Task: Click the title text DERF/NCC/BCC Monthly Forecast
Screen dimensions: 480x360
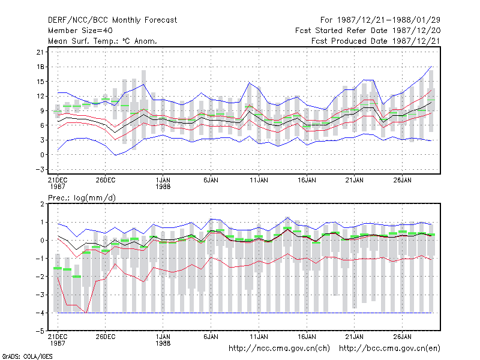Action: pyautogui.click(x=112, y=20)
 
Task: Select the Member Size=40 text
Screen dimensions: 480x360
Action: pyautogui.click(x=80, y=31)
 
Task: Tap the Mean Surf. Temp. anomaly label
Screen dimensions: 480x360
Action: pyautogui.click(x=103, y=41)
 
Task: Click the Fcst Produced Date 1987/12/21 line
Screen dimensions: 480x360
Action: pyautogui.click(x=376, y=41)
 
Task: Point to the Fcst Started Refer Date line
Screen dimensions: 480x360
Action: pyautogui.click(x=368, y=31)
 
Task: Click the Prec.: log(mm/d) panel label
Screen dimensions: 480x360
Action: pyautogui.click(x=82, y=198)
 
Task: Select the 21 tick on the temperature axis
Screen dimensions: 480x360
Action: pyautogui.click(x=40, y=52)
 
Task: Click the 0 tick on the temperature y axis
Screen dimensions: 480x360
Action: pyautogui.click(x=41, y=155)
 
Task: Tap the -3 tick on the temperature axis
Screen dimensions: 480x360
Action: pyautogui.click(x=40, y=170)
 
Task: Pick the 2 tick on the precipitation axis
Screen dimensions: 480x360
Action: pyautogui.click(x=42, y=204)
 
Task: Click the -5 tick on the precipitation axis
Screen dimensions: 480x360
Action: pyautogui.click(x=40, y=331)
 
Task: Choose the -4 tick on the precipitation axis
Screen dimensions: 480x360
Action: pyautogui.click(x=40, y=313)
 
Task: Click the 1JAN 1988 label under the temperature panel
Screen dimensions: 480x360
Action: pyautogui.click(x=163, y=183)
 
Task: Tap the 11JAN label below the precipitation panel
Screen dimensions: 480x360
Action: pyautogui.click(x=259, y=337)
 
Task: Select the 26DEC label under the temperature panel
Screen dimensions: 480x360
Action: pyautogui.click(x=106, y=180)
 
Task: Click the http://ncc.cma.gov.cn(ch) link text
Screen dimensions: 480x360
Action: pyautogui.click(x=279, y=349)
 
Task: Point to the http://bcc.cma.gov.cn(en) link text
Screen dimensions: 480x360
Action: pyautogui.click(x=389, y=349)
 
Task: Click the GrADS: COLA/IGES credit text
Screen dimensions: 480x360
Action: pyautogui.click(x=27, y=356)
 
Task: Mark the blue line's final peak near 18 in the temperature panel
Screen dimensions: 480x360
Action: pyautogui.click(x=431, y=67)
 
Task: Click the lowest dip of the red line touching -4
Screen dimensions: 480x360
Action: pyautogui.click(x=86, y=313)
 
